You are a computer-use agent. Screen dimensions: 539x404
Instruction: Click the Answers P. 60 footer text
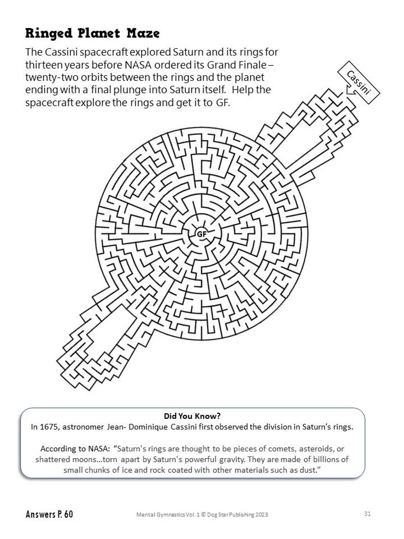point(49,514)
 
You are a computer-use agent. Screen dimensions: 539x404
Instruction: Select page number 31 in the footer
point(368,513)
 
